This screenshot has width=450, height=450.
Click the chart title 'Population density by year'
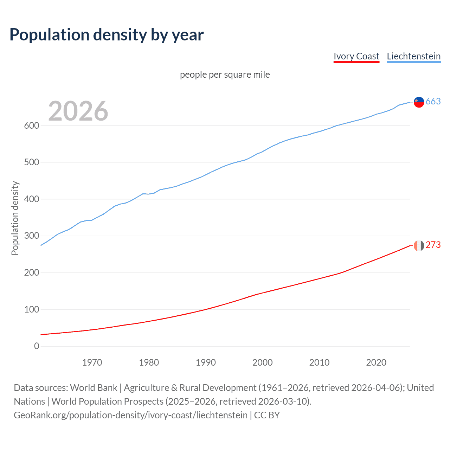click(107, 35)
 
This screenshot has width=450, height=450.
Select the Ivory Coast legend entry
click(356, 56)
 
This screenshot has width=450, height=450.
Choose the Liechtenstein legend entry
click(413, 56)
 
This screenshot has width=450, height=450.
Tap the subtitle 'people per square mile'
click(225, 75)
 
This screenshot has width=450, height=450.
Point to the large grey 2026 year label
click(78, 111)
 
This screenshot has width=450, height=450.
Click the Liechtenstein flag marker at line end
click(419, 102)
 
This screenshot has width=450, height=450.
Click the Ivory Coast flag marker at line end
click(419, 245)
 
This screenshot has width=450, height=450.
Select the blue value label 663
click(433, 102)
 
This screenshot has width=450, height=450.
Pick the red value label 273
click(433, 245)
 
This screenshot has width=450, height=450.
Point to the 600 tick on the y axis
click(32, 126)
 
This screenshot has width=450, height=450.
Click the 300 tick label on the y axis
click(32, 236)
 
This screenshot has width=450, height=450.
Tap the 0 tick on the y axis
click(37, 346)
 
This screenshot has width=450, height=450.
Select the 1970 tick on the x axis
click(92, 362)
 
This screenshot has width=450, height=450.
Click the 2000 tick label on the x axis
click(263, 362)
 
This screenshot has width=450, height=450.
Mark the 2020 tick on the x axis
click(376, 362)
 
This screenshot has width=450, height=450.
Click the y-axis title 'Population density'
click(15, 218)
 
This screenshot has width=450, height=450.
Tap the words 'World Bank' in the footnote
click(94, 388)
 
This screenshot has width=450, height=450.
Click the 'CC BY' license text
click(267, 415)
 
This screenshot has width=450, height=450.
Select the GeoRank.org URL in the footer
click(130, 415)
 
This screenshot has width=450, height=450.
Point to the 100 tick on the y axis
click(32, 309)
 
